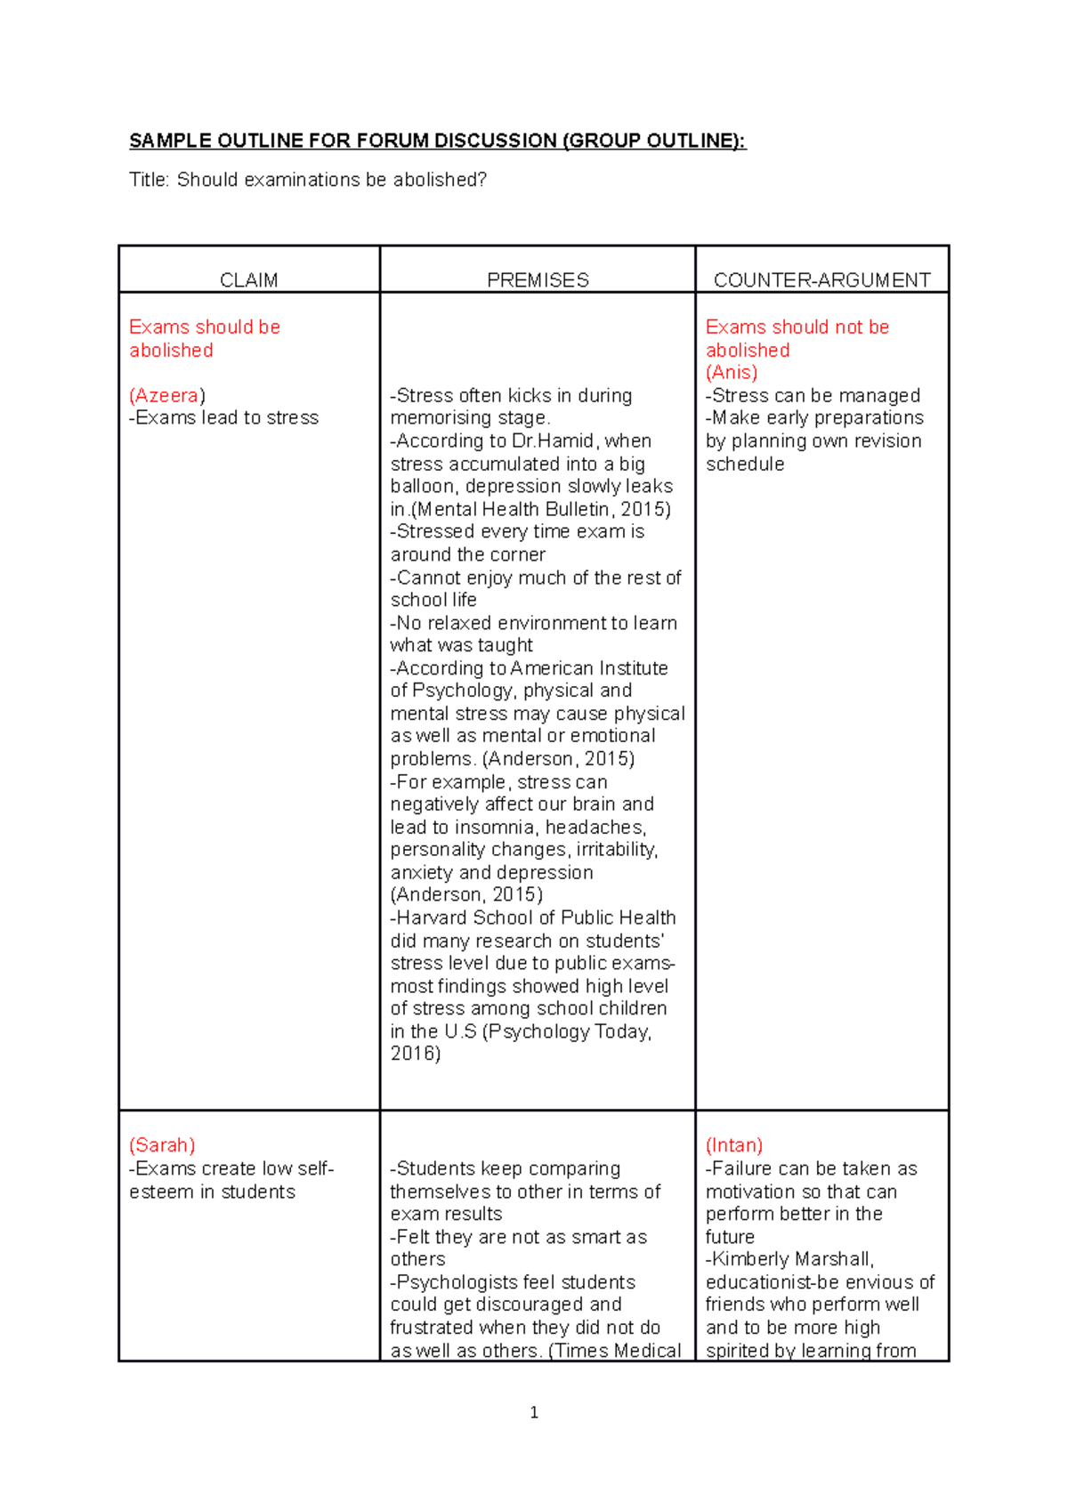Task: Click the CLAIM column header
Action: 248,280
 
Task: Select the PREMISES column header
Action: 538,280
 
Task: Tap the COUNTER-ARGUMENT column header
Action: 821,280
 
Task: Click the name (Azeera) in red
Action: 167,395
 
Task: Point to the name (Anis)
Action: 732,372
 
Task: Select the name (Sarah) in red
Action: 162,1145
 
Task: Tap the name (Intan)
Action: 734,1145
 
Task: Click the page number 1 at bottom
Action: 534,1412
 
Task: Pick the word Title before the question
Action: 148,180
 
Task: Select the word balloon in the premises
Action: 424,487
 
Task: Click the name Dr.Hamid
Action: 553,440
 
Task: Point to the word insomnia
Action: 496,827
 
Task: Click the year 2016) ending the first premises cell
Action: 416,1054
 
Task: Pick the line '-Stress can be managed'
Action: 813,395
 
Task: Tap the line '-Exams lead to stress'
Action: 223,417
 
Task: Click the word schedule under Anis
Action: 745,464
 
